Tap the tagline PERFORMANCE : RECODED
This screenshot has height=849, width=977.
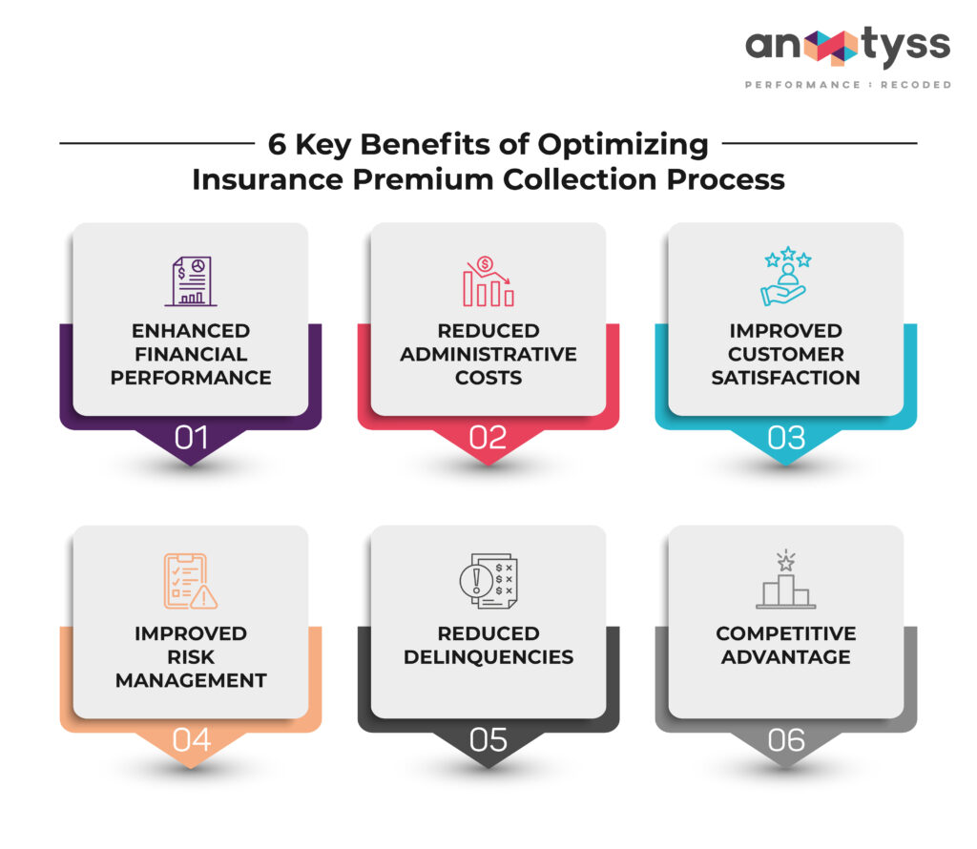click(x=847, y=85)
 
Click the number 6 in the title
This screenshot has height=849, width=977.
click(x=277, y=145)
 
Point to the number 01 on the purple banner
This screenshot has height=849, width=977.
click(x=191, y=438)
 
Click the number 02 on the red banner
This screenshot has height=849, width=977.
click(x=488, y=438)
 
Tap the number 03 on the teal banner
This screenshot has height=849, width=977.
click(x=786, y=438)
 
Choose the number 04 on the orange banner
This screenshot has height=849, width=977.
click(x=191, y=740)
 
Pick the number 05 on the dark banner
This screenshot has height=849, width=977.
click(x=488, y=740)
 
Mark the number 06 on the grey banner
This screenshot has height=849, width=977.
click(x=786, y=740)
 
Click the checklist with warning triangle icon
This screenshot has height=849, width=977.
click(x=191, y=581)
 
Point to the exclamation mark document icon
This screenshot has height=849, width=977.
click(x=488, y=581)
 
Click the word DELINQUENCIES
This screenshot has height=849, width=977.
click(x=488, y=657)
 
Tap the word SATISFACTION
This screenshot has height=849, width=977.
click(x=786, y=377)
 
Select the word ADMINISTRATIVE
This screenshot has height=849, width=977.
click(x=488, y=354)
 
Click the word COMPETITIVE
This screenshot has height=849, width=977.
click(x=786, y=633)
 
